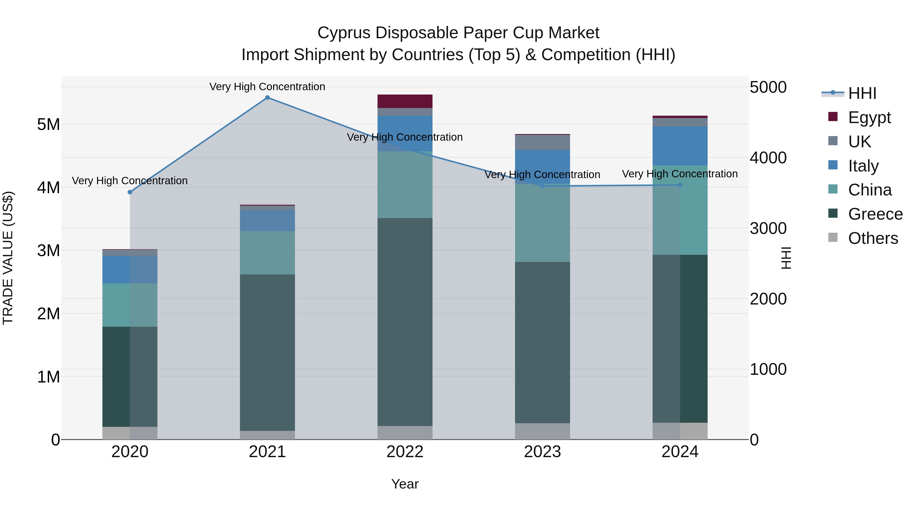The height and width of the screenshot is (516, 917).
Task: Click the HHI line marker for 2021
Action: pos(267,98)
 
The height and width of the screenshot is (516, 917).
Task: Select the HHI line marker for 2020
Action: pos(130,192)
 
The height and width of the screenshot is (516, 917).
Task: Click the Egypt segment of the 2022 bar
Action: pos(405,101)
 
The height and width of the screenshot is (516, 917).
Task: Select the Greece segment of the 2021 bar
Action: pos(267,353)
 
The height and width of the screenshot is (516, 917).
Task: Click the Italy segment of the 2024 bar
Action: pos(680,146)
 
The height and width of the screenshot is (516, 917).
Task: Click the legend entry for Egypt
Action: pos(869,117)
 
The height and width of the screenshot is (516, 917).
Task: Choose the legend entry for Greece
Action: pos(875,214)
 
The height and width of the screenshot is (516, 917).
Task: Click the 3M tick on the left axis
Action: pos(48,250)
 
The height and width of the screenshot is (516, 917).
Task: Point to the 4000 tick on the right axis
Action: pos(768,158)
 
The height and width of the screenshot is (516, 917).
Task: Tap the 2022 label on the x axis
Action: pos(405,452)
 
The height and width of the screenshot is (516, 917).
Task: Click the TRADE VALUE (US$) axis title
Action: pos(8,258)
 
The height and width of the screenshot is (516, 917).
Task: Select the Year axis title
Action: pos(405,484)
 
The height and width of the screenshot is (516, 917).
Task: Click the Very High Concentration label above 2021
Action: pos(267,87)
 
